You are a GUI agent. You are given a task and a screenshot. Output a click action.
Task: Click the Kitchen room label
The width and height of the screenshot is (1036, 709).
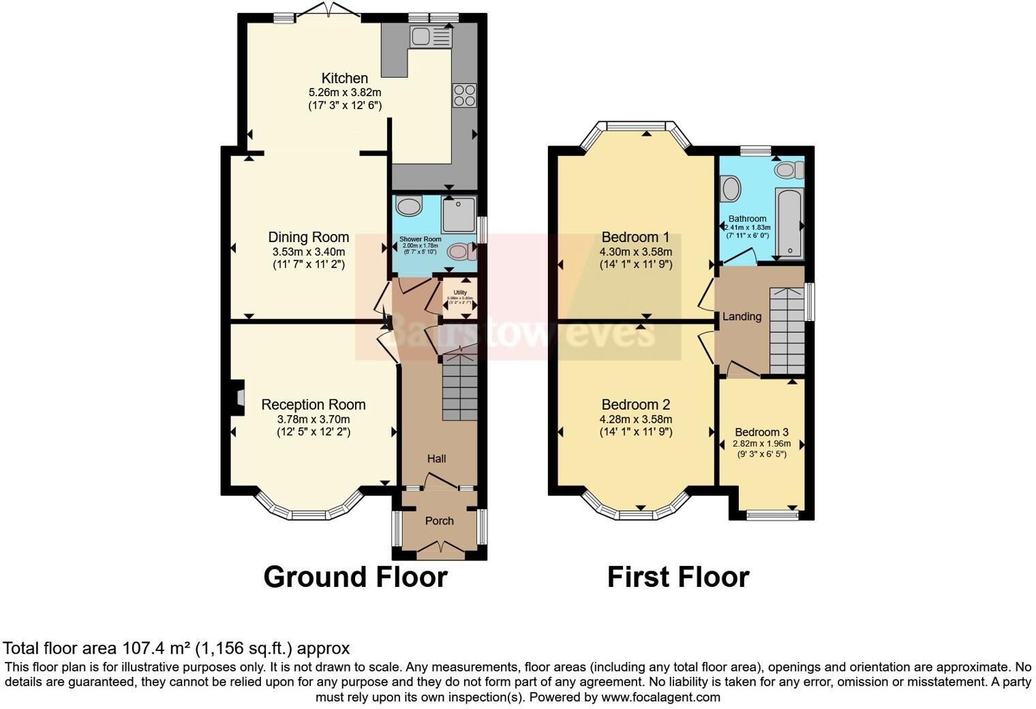point(344,78)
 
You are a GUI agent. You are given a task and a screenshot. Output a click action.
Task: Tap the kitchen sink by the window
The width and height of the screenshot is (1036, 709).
point(430,36)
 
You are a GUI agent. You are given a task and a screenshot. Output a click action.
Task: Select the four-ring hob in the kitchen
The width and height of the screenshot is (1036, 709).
point(464,95)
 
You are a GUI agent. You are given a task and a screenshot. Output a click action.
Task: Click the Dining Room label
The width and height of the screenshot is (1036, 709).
point(308,237)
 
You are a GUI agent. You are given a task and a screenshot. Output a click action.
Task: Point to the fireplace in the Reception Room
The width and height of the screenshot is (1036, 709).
point(237,397)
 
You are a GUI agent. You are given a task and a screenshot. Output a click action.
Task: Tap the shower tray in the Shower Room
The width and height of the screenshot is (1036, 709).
point(459,214)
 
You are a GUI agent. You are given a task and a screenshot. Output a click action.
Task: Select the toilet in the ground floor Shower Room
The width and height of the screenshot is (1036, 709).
point(461,252)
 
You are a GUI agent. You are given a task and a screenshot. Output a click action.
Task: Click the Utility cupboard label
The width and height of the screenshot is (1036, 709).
point(460,292)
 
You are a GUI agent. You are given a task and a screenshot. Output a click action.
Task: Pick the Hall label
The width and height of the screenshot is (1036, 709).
point(436,459)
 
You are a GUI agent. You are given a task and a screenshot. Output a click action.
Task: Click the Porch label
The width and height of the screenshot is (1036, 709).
point(439,521)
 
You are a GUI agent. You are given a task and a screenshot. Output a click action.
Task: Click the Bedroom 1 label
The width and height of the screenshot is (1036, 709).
point(635,237)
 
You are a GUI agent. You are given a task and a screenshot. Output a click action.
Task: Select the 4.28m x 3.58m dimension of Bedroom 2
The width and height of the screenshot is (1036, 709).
point(635,419)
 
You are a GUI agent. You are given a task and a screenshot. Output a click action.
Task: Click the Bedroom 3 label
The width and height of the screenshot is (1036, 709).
point(761,432)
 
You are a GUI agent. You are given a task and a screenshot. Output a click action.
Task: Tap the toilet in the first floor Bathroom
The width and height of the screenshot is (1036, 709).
point(789,170)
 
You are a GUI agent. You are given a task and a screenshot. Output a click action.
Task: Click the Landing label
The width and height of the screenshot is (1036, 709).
point(742,316)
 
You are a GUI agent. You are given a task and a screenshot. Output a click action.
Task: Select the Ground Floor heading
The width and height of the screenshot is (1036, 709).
point(355,577)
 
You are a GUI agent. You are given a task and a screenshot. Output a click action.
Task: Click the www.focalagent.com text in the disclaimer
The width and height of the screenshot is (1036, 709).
point(660,697)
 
